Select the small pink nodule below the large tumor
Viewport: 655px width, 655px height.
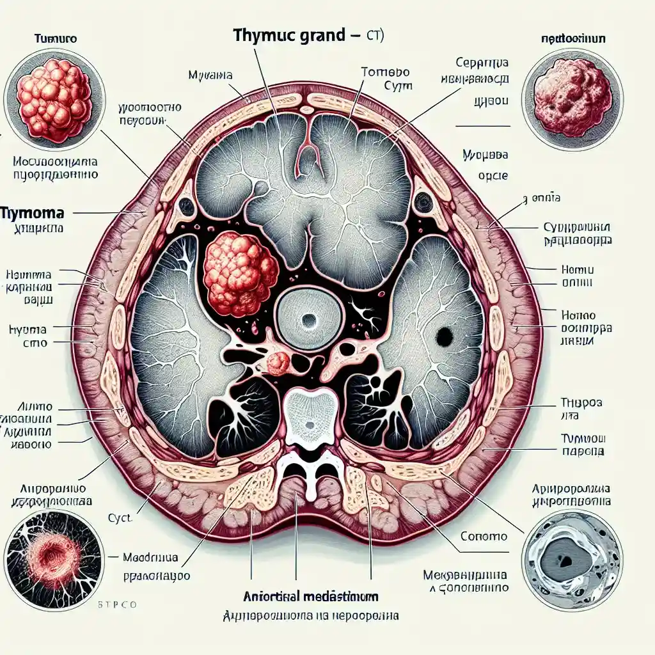click(278, 363)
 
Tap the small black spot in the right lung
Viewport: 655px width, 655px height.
click(443, 335)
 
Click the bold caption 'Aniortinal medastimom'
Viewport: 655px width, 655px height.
click(311, 596)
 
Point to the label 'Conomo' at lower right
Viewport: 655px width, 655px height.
click(484, 536)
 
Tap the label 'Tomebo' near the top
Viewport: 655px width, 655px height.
click(385, 72)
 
